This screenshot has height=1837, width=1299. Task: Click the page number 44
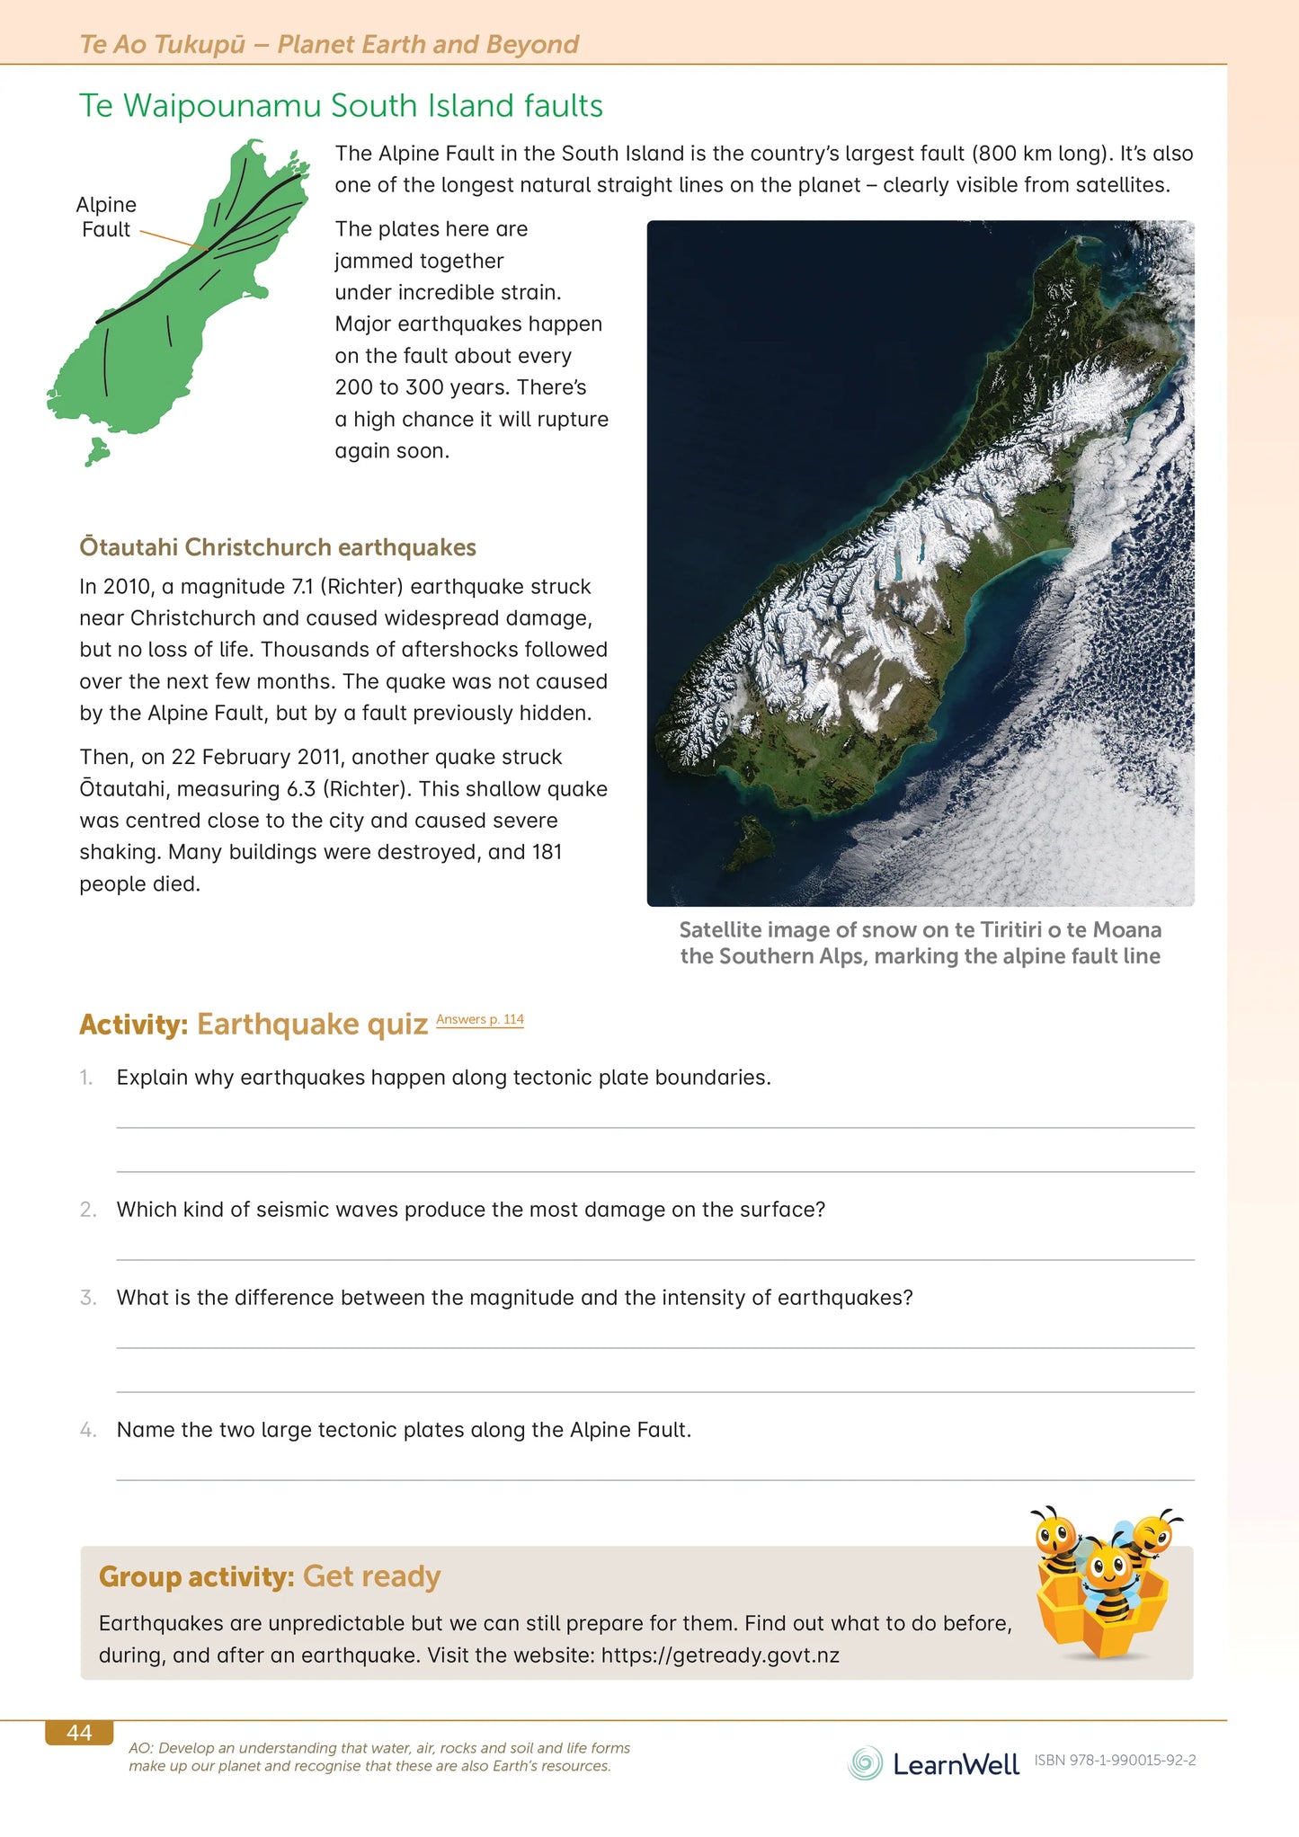tap(79, 1733)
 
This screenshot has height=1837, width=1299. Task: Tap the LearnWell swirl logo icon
tap(865, 1763)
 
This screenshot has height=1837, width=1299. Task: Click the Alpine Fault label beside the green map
tap(106, 217)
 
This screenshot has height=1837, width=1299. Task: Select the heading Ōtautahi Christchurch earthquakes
tap(278, 547)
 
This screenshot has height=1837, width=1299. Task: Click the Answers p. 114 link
tap(479, 1019)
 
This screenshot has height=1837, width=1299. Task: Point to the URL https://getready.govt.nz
tap(720, 1655)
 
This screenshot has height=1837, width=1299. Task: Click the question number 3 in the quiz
tap(87, 1298)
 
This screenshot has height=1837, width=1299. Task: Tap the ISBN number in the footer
tap(1115, 1761)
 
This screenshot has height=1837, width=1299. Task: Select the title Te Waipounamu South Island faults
tap(341, 106)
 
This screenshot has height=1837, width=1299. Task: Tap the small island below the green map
tap(96, 451)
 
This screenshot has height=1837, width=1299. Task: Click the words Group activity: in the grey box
tap(197, 1576)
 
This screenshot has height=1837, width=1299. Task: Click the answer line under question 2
tap(654, 1259)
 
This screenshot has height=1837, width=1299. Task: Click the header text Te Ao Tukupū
tap(162, 44)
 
